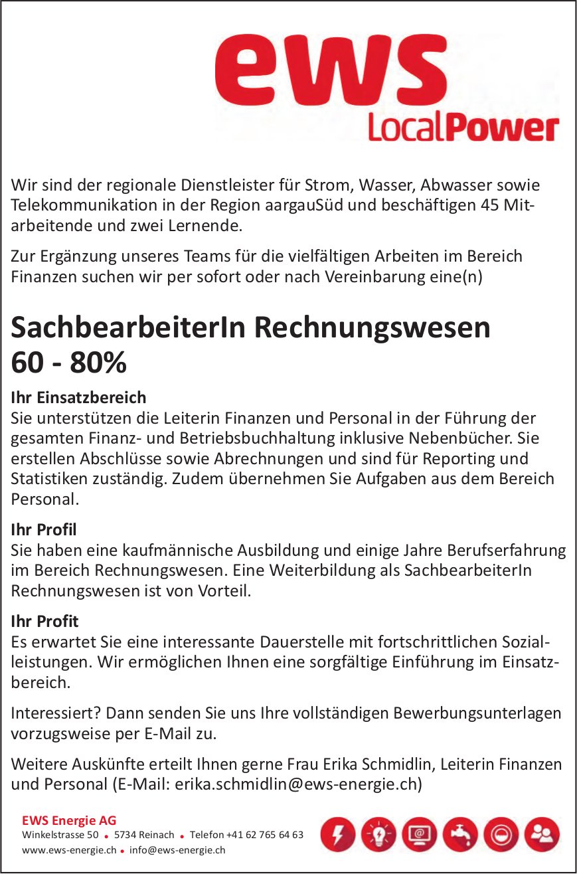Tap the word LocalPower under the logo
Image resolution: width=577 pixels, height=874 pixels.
[x=463, y=128]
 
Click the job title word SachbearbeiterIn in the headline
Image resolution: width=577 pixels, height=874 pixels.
[x=128, y=328]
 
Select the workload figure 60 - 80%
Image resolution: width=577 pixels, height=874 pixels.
[x=68, y=363]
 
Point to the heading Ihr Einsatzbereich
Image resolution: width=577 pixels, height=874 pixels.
[x=78, y=398]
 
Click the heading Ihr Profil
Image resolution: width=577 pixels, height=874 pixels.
[x=44, y=529]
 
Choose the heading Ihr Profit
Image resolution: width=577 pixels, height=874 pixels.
[x=44, y=621]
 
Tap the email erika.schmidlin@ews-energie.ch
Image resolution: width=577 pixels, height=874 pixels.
[x=296, y=784]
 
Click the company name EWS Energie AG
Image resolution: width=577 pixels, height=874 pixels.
[x=69, y=821]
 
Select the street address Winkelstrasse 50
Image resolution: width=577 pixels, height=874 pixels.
[x=60, y=835]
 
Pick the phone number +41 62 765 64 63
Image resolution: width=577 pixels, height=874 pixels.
[x=264, y=835]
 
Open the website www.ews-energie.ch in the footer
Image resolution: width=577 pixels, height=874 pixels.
[x=69, y=849]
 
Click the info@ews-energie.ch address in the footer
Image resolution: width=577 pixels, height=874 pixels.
[x=177, y=849]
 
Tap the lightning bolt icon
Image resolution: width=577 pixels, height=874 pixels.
[x=338, y=834]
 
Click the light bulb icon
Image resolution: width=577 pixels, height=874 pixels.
[x=378, y=834]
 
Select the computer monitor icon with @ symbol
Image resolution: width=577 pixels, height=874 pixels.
[x=419, y=834]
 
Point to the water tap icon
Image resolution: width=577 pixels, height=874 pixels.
[x=460, y=834]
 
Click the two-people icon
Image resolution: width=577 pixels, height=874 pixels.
[x=542, y=834]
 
